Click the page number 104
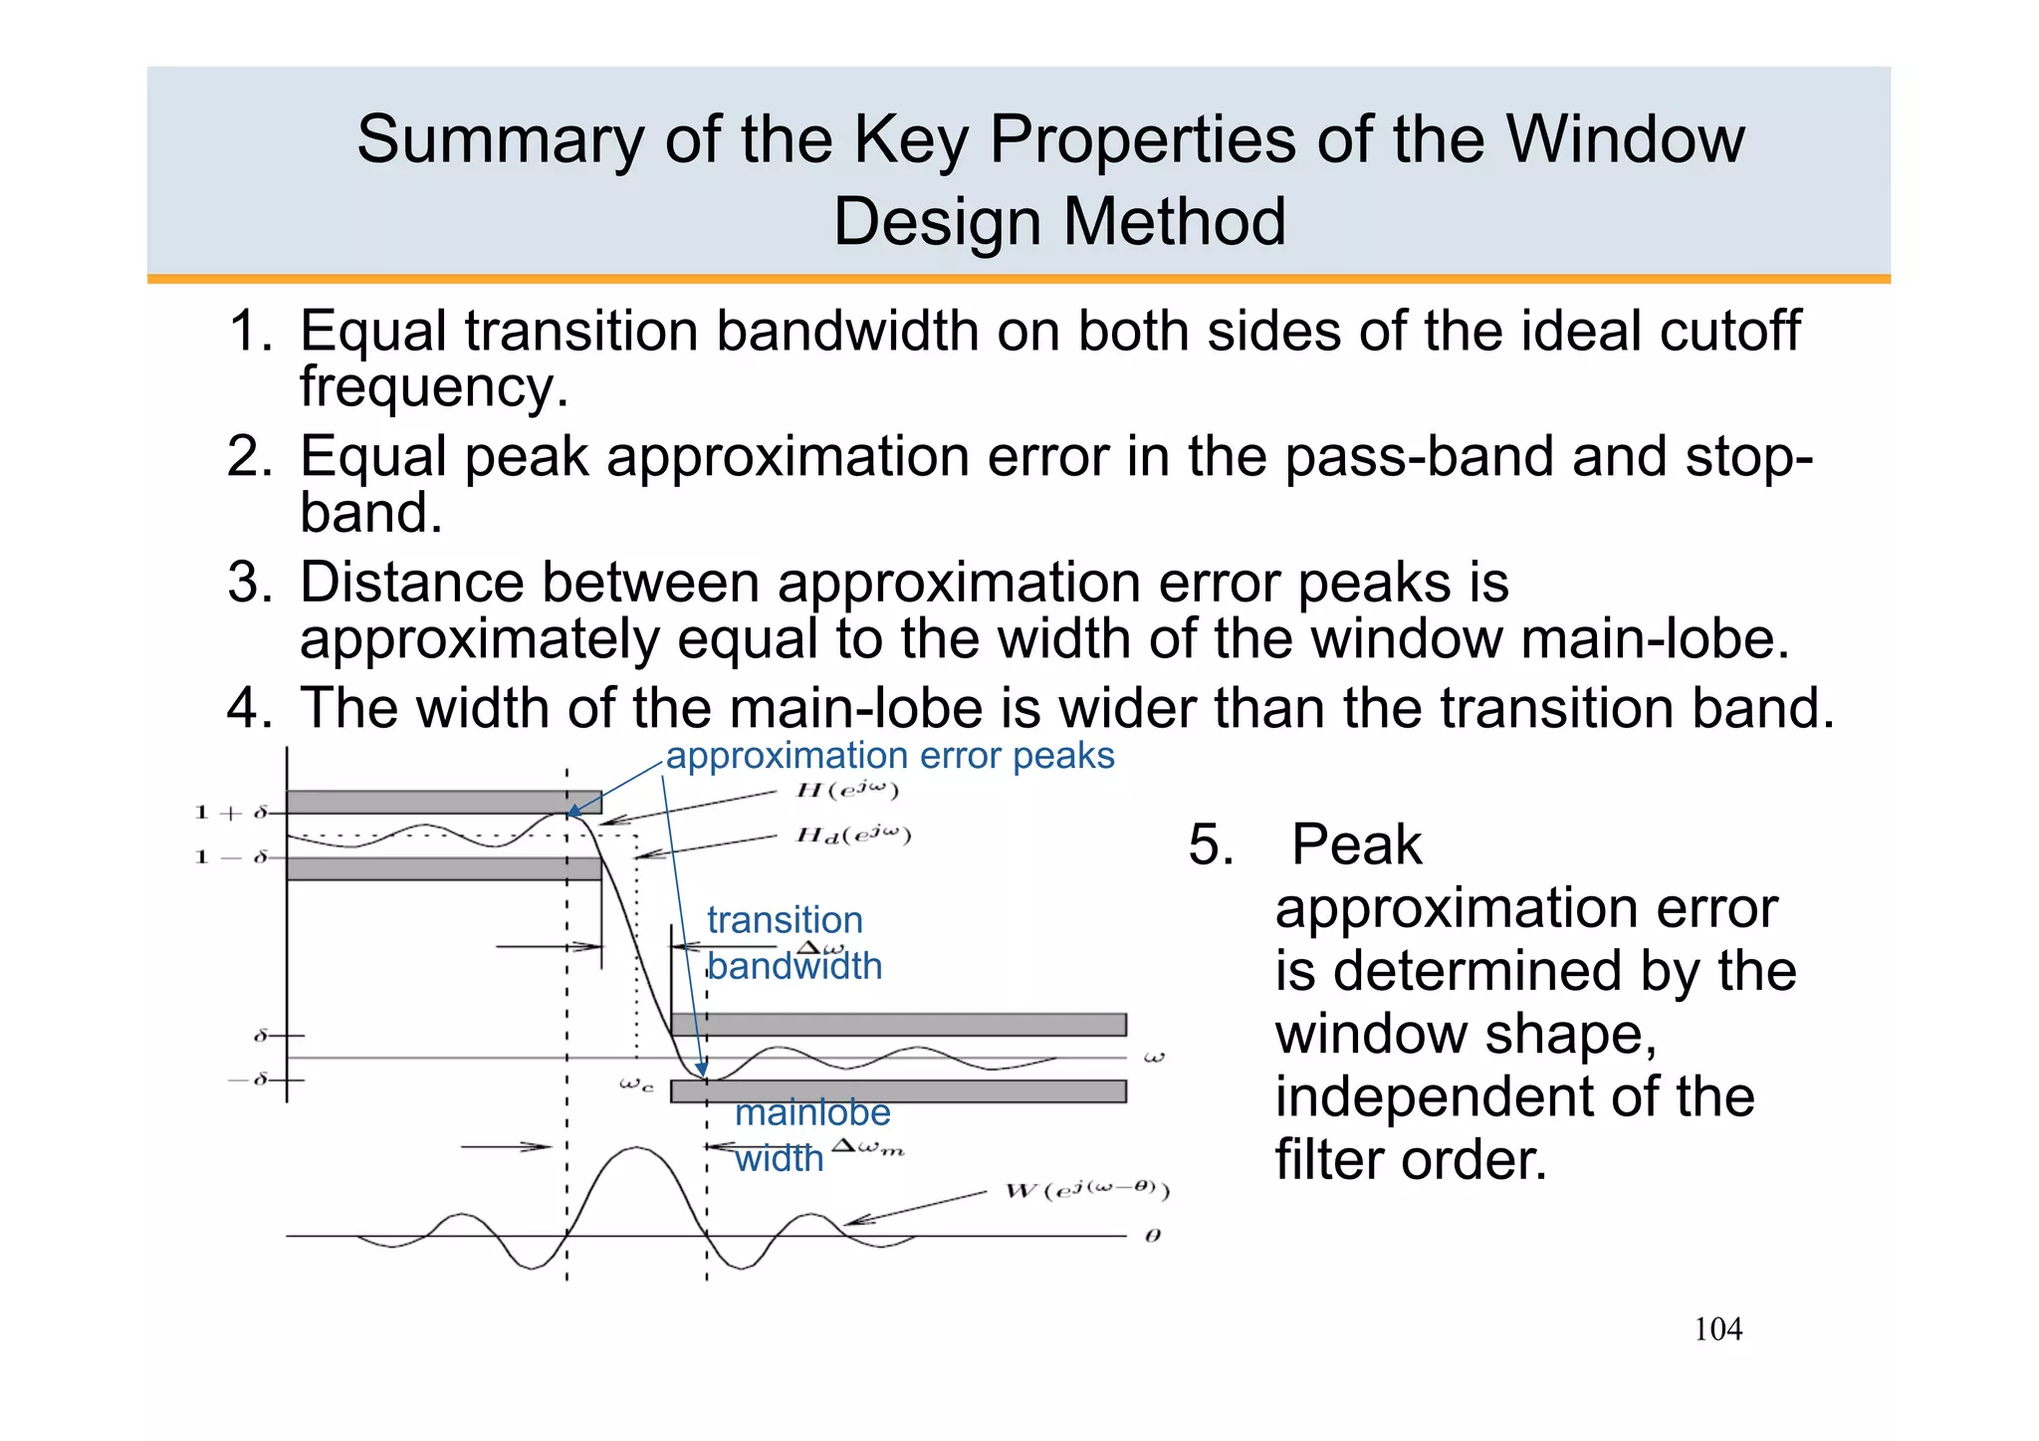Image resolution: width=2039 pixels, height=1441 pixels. click(1717, 1328)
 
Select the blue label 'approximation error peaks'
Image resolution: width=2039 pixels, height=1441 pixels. click(889, 756)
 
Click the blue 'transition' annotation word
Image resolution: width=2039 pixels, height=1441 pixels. click(785, 919)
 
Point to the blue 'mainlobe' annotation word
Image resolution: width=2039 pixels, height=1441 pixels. click(812, 1112)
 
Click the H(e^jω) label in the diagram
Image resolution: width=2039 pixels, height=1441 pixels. click(847, 791)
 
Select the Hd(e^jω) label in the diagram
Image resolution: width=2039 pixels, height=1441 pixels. click(853, 835)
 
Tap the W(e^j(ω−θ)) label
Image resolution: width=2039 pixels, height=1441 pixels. click(1087, 1190)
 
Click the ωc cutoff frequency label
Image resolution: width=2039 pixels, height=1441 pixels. click(635, 1084)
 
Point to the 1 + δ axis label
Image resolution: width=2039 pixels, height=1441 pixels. click(231, 813)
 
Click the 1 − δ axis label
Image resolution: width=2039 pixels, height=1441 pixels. click(231, 856)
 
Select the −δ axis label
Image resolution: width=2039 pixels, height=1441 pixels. click(250, 1080)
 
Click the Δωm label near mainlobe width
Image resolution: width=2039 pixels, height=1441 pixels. click(868, 1147)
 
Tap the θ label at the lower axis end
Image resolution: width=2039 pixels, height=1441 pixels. click(1152, 1236)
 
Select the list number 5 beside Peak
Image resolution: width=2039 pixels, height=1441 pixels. click(1211, 844)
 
